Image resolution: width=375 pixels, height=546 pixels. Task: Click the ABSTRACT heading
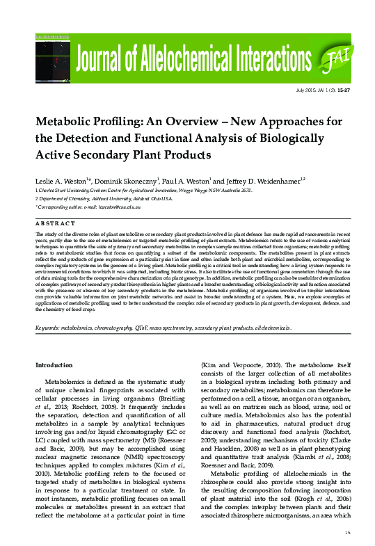[55, 223]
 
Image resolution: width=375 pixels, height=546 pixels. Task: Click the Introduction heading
[55, 365]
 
